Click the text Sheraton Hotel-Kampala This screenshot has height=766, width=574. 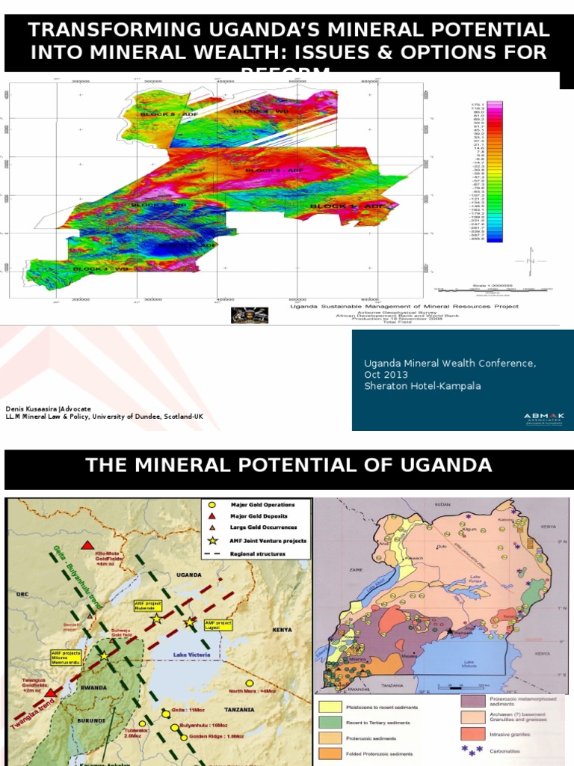pos(422,386)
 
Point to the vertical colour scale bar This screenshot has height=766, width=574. pos(495,172)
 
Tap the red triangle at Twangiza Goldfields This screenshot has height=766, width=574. pos(49,672)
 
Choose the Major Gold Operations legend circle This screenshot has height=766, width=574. pos(212,505)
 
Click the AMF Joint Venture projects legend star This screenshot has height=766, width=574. pos(212,540)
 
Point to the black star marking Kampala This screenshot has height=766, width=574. pos(449,632)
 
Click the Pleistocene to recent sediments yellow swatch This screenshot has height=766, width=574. pos(333,706)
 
